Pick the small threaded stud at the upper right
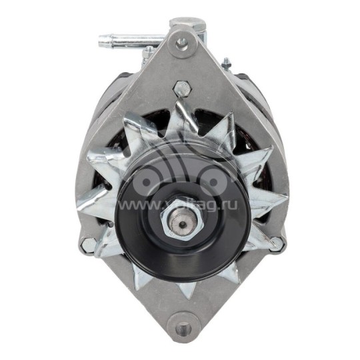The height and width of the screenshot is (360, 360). point(226,63)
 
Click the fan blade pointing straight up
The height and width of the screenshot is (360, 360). point(180,113)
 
